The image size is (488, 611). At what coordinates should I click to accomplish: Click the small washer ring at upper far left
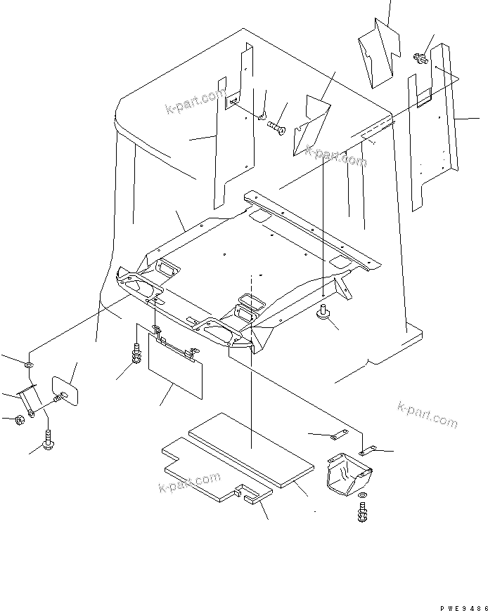click(x=27, y=365)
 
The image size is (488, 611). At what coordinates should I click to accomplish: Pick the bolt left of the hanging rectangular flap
click(x=136, y=355)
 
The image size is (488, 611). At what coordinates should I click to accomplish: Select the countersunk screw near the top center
click(x=274, y=126)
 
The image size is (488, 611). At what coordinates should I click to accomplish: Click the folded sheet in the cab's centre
click(x=310, y=124)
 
